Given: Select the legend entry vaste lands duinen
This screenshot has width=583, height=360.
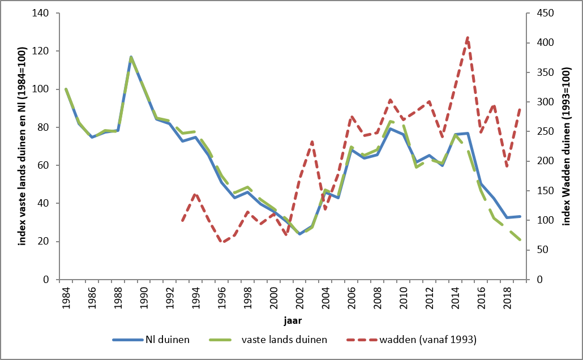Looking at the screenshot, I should (x=283, y=340).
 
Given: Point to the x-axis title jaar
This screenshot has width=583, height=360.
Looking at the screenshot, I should (x=293, y=320).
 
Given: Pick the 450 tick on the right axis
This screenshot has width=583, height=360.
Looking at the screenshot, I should (x=538, y=13).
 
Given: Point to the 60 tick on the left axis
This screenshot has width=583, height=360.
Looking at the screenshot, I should (x=49, y=165).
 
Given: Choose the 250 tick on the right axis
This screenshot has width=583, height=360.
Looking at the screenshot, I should (x=538, y=132).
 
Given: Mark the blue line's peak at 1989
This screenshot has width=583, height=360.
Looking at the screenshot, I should (x=131, y=57).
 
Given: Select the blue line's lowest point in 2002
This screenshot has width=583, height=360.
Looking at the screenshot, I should (x=299, y=234).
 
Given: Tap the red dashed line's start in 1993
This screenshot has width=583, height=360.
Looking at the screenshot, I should (x=182, y=221).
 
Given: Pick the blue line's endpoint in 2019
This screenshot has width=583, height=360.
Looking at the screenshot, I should (x=520, y=216).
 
